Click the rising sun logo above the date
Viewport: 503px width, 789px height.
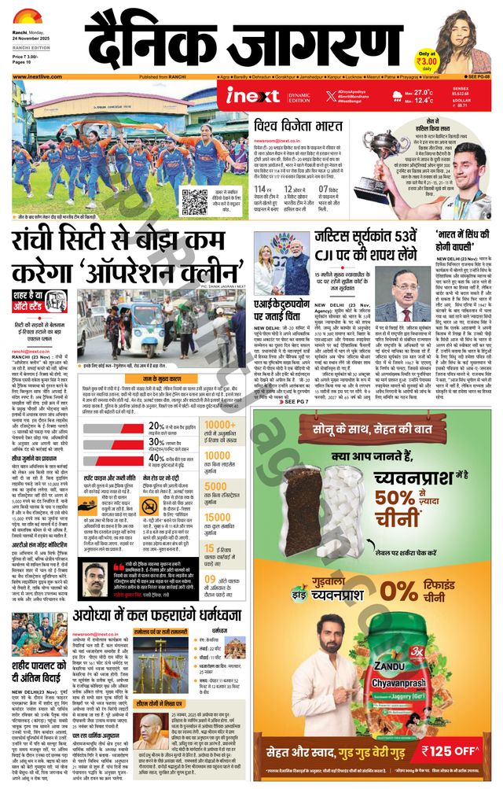click(29, 17)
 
